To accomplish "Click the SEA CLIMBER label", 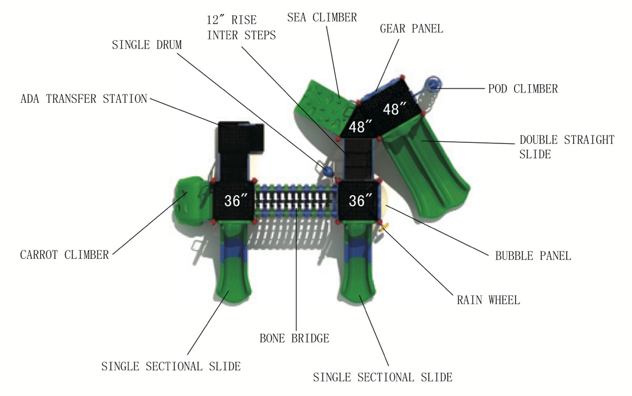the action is (322, 17).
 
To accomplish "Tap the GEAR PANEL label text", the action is (411, 29).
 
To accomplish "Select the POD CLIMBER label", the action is (523, 89).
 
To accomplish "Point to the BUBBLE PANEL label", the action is (533, 256).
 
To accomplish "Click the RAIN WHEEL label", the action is (488, 300).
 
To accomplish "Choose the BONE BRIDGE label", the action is (294, 339).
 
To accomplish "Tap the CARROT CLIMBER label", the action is (64, 255).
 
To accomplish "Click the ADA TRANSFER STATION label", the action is (84, 99).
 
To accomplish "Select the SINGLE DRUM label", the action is (147, 45).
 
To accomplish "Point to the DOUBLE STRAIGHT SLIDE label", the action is (567, 147).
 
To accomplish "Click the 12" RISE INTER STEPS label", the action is (241, 27).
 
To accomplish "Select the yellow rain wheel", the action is (384, 227).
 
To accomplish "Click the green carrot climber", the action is (192, 201).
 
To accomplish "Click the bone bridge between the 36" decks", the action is (296, 201).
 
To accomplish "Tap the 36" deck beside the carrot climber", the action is (233, 201).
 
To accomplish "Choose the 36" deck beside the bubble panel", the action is (358, 201).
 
